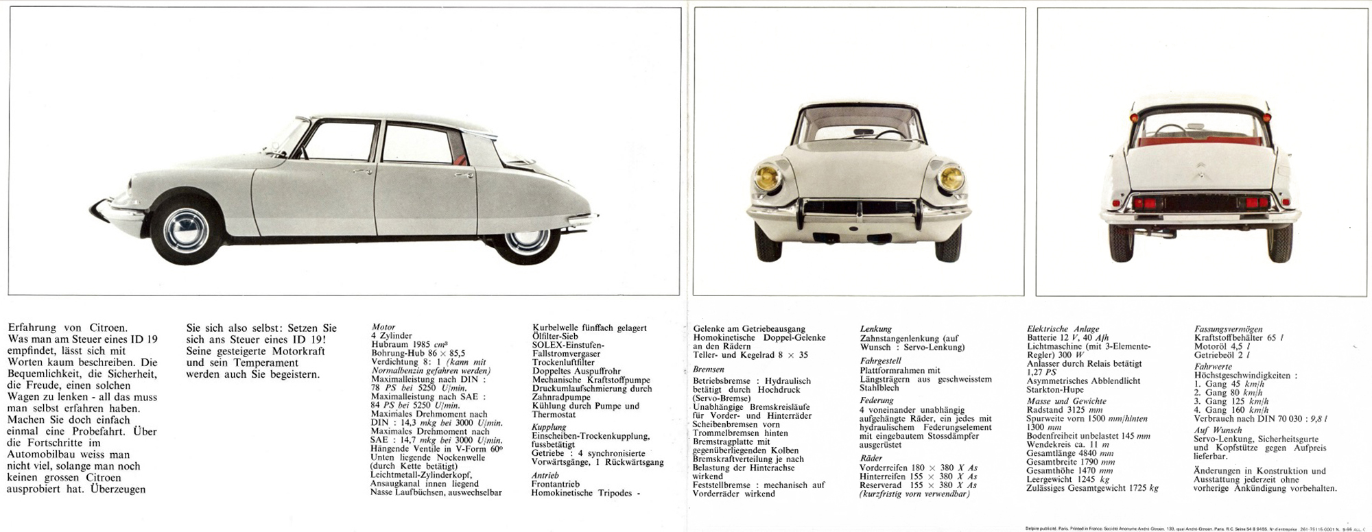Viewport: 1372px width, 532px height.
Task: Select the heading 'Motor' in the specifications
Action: coord(383,328)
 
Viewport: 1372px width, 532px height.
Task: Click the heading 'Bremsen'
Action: coord(709,369)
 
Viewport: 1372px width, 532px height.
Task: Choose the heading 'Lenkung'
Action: coord(876,329)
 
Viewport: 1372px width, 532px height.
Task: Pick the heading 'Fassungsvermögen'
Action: coord(1228,329)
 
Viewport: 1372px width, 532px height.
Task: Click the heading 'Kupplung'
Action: coord(549,427)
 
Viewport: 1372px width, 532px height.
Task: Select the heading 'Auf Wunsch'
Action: coord(1218,431)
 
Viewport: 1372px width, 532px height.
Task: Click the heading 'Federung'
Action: coord(877,400)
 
